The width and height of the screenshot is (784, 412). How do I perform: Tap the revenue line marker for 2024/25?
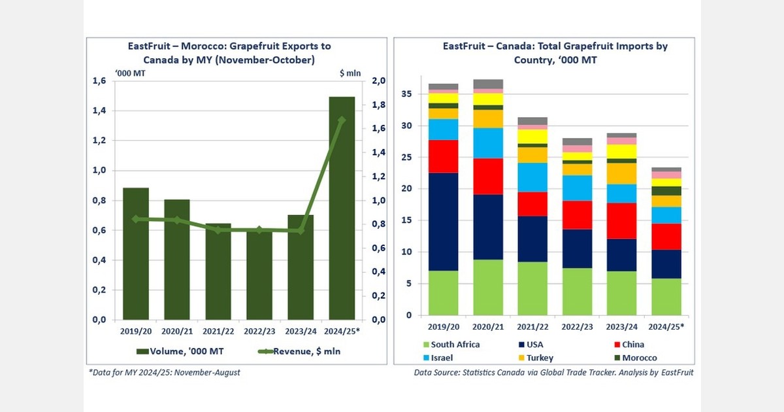point(342,120)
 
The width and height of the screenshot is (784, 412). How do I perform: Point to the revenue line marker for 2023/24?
point(301,230)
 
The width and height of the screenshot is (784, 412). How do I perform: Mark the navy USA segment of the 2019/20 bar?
point(443,222)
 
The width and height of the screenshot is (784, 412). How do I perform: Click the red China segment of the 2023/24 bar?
point(621,221)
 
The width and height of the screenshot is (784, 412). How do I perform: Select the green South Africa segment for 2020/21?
point(488,287)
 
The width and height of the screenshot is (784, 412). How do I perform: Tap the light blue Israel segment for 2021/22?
point(532,177)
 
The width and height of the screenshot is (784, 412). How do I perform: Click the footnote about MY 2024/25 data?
point(165,372)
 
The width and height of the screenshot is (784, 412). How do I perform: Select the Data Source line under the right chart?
point(553,372)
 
